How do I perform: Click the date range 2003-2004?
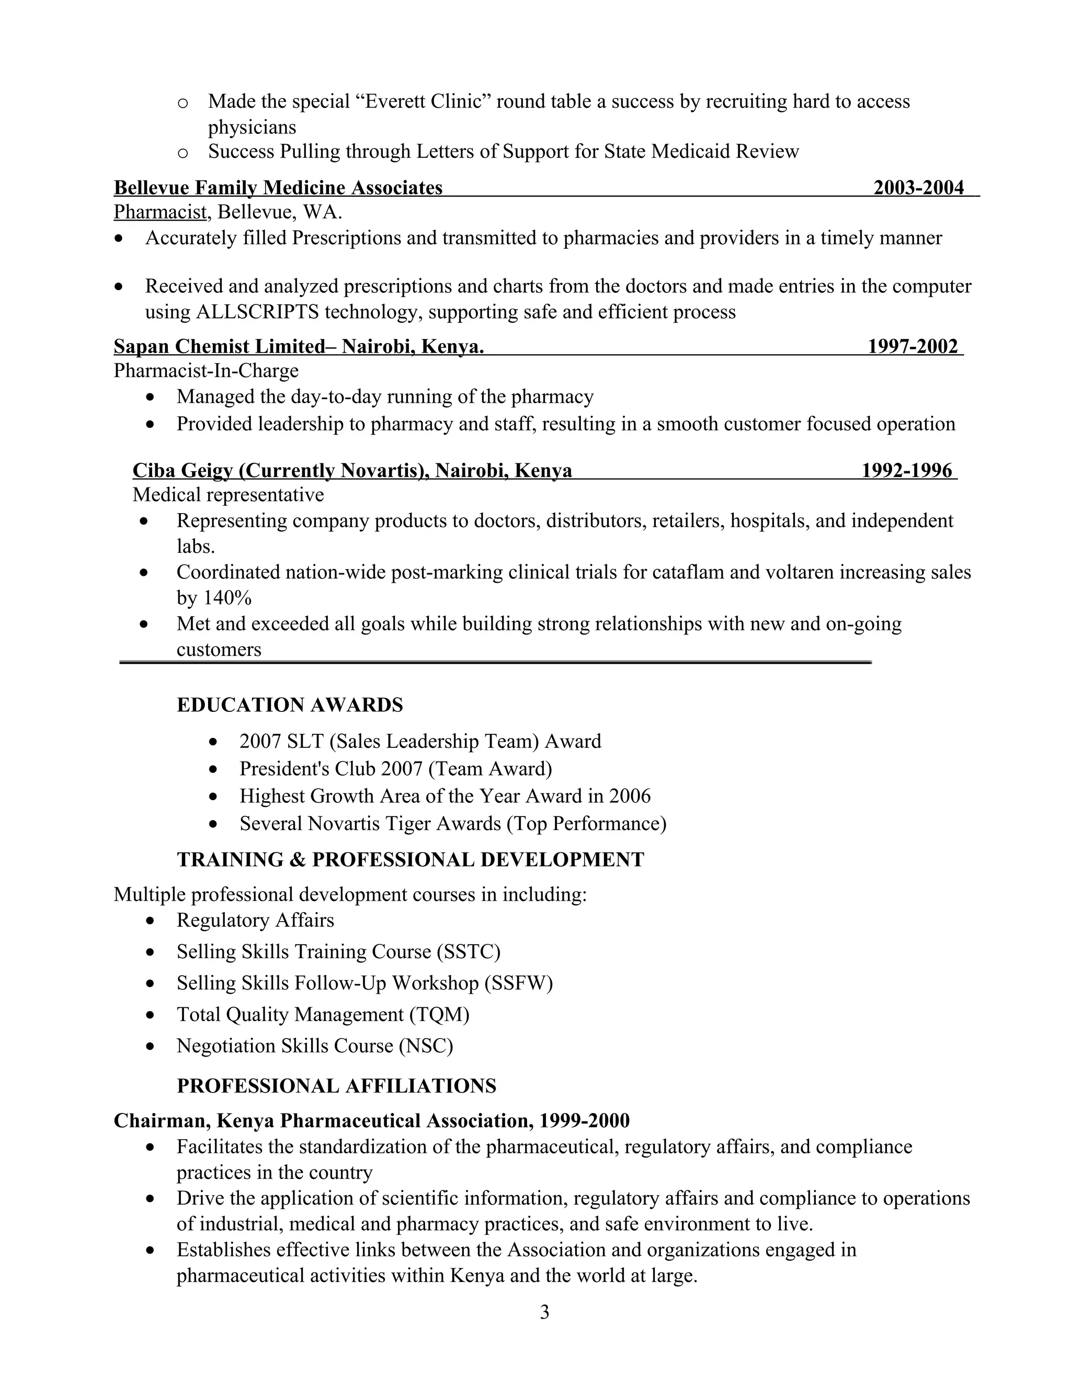918,188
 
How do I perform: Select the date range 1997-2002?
913,346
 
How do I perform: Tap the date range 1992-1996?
907,470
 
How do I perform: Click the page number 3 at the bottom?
544,1312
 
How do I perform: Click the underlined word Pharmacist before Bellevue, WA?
160,212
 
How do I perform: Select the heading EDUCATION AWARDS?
290,705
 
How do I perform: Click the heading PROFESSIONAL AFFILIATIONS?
336,1086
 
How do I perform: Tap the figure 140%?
226,598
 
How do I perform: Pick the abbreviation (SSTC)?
468,951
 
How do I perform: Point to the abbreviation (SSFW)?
518,983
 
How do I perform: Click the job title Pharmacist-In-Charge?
206,371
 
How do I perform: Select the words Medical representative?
228,494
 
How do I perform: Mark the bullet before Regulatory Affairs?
150,921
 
